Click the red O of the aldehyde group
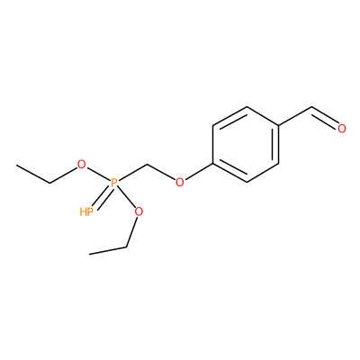(342, 128)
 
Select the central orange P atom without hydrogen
(113, 183)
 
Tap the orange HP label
(86, 212)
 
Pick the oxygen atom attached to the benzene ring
(180, 182)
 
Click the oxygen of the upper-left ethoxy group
(81, 165)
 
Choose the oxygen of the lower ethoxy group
(139, 211)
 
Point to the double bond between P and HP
(102, 197)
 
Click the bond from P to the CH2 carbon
(132, 173)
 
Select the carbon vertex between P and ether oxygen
(147, 165)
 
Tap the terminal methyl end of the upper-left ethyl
(17, 165)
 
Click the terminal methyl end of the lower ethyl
(89, 254)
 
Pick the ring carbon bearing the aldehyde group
(279, 125)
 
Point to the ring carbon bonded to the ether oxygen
(212, 164)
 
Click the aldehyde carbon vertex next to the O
(312, 107)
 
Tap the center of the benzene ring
(246, 144)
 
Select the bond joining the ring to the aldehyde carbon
(295, 116)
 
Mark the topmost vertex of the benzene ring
(247, 106)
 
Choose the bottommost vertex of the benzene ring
(247, 182)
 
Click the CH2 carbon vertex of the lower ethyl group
(126, 247)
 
